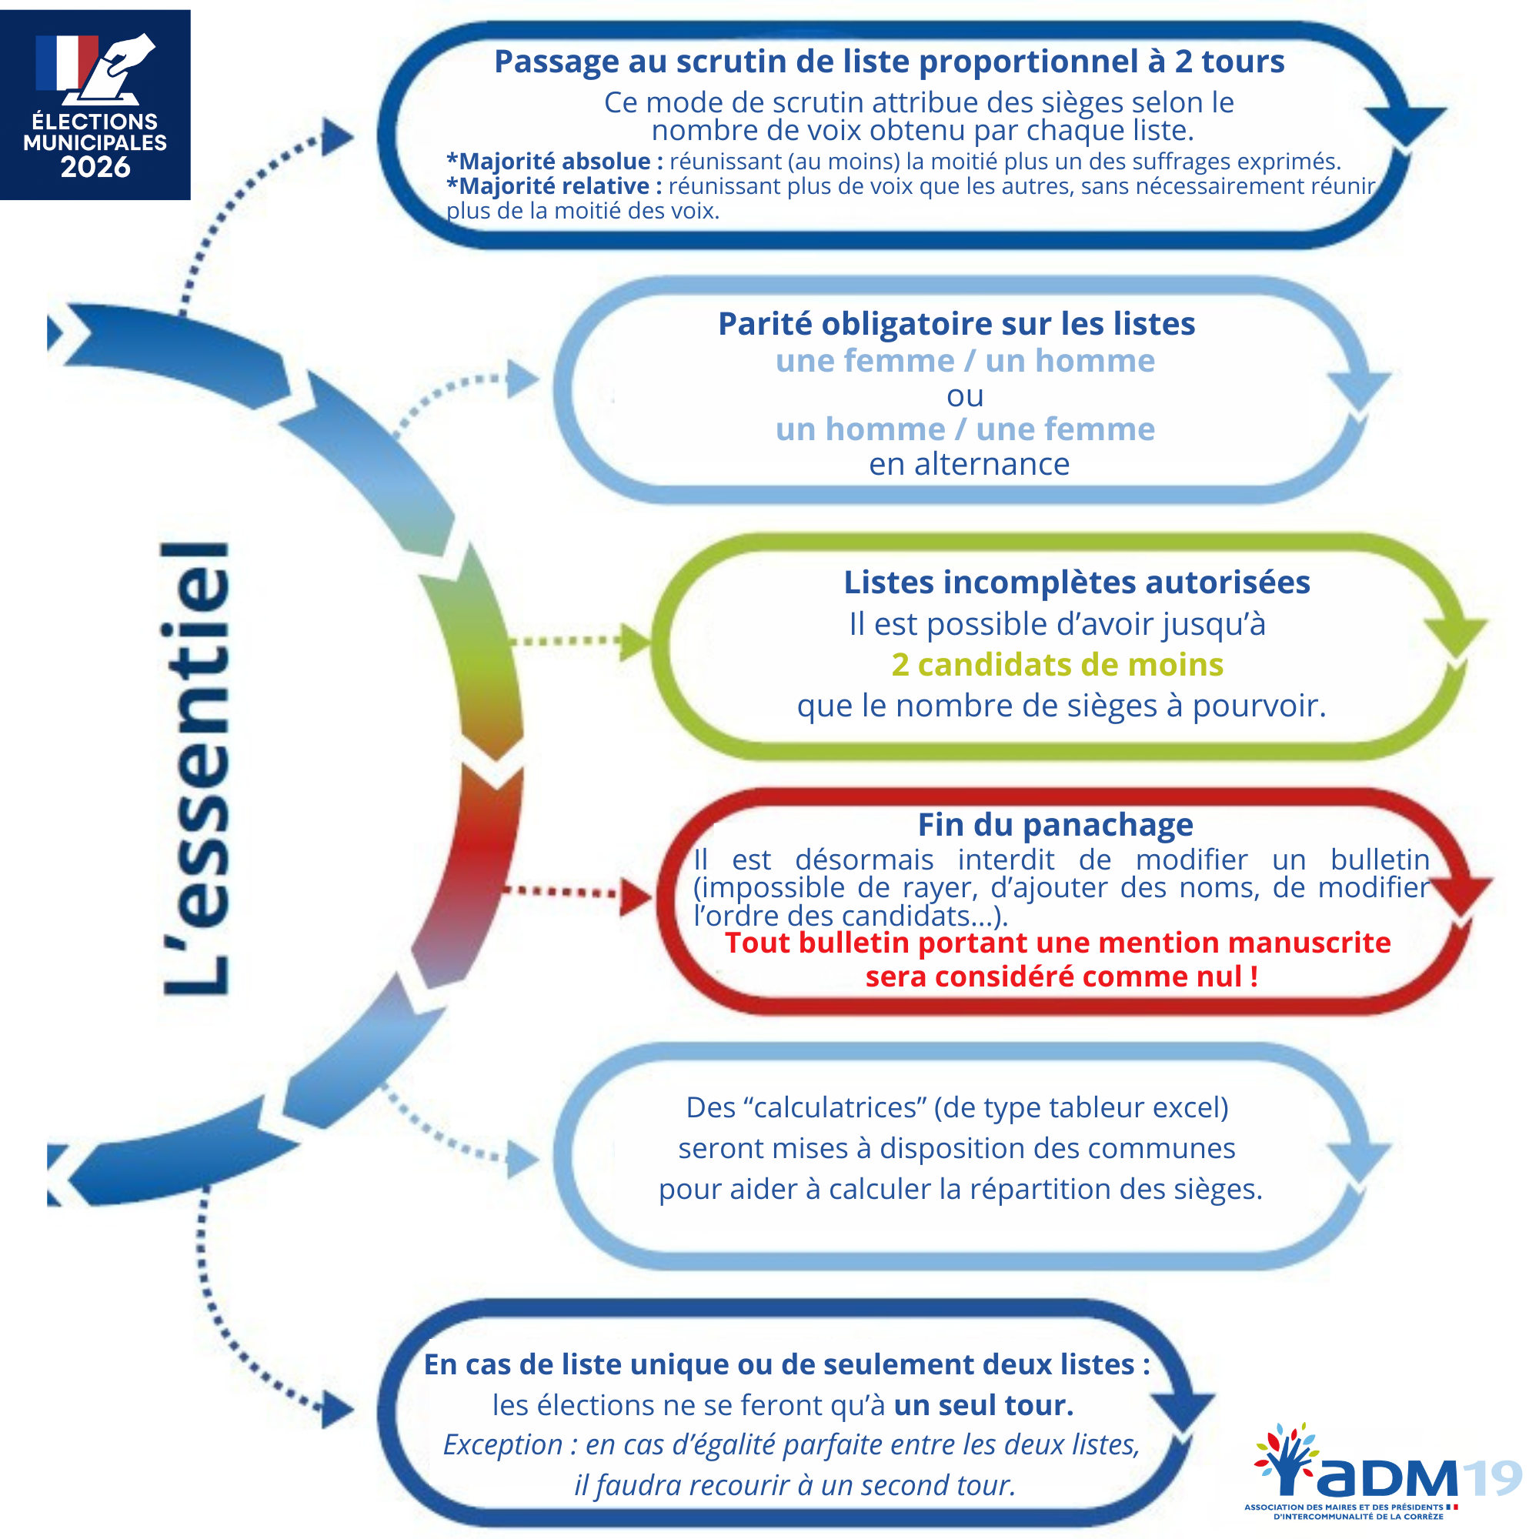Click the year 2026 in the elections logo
coord(95,167)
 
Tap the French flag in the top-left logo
coord(66,62)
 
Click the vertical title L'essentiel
coord(195,769)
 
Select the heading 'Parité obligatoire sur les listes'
coord(956,324)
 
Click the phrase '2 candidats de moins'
coord(1057,664)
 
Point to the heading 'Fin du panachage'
coord(1055,824)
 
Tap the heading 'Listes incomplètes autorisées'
coord(1077,583)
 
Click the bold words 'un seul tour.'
coord(983,1405)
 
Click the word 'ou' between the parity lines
coord(965,396)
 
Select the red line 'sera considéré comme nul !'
coord(1061,976)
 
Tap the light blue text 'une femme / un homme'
coord(965,361)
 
